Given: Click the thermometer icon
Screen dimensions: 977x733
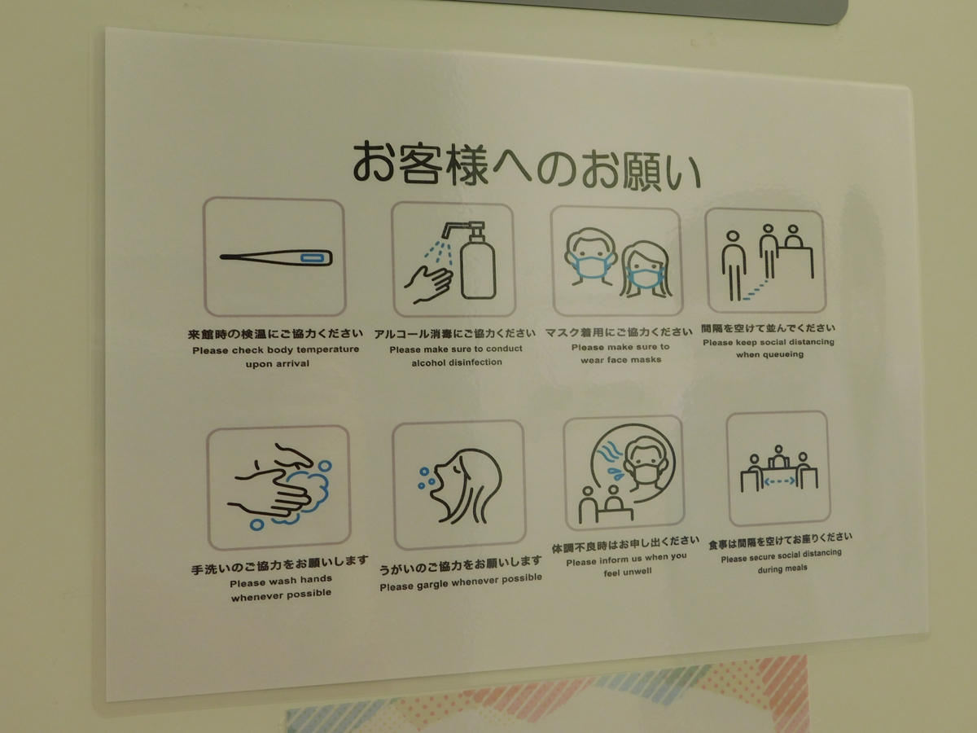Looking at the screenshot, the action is tap(276, 257).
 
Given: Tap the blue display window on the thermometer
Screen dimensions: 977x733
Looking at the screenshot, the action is tap(313, 257).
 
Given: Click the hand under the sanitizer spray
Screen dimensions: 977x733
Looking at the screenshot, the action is tap(427, 284).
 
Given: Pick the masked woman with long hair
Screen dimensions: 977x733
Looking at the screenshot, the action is tap(646, 270).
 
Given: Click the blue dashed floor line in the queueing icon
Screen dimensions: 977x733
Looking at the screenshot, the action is tap(755, 289).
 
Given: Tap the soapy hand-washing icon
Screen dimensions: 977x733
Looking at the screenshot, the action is tap(279, 486).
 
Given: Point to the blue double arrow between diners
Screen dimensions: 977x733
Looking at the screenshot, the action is tap(779, 481).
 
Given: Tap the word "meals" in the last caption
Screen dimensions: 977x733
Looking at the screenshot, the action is tap(795, 568).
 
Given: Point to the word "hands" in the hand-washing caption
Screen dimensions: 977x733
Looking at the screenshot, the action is tap(316, 579).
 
